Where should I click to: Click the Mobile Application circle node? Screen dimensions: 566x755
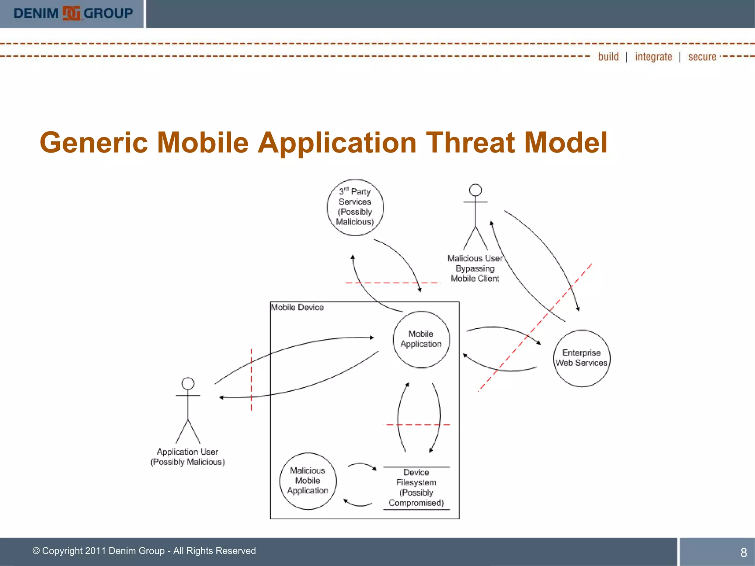[x=421, y=339]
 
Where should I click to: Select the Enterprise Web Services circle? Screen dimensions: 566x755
[x=581, y=358]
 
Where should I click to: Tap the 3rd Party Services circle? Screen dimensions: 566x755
[x=355, y=207]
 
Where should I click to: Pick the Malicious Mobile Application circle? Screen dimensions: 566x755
[x=308, y=481]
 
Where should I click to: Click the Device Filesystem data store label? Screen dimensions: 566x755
[x=416, y=488]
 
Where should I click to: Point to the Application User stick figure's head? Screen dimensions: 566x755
[x=188, y=383]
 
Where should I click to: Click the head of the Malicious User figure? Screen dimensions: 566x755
[x=475, y=190]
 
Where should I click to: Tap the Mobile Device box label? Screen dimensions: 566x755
[x=297, y=307]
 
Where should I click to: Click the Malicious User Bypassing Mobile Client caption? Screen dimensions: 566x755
[x=475, y=269]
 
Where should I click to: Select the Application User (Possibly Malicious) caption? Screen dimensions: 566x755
[x=188, y=457]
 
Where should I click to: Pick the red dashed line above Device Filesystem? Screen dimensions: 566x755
[x=418, y=424]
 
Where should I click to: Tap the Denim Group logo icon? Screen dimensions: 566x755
[x=71, y=13]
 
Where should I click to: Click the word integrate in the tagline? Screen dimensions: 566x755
[x=653, y=57]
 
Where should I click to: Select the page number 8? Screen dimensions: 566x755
[x=743, y=552]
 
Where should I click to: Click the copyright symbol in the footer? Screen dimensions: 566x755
[x=36, y=551]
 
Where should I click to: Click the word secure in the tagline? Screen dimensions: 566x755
[x=702, y=57]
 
